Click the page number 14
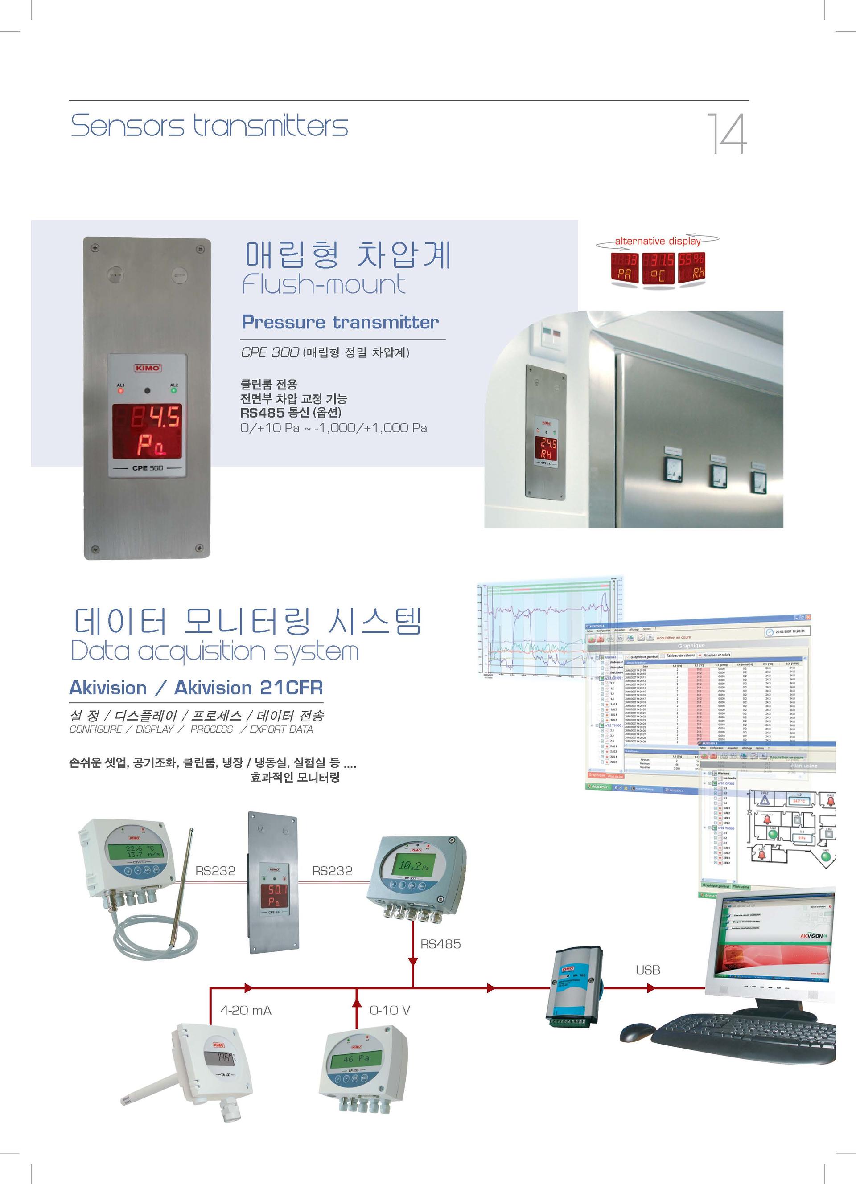[x=727, y=134]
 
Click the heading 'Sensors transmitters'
[x=209, y=126]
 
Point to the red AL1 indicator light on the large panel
[x=121, y=390]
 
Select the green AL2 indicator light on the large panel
[x=174, y=390]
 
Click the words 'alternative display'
[x=657, y=241]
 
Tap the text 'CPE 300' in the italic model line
[x=269, y=353]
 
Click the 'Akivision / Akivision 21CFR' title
[x=196, y=688]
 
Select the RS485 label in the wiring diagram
[x=440, y=944]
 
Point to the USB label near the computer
[x=648, y=970]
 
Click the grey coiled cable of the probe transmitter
[x=156, y=934]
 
